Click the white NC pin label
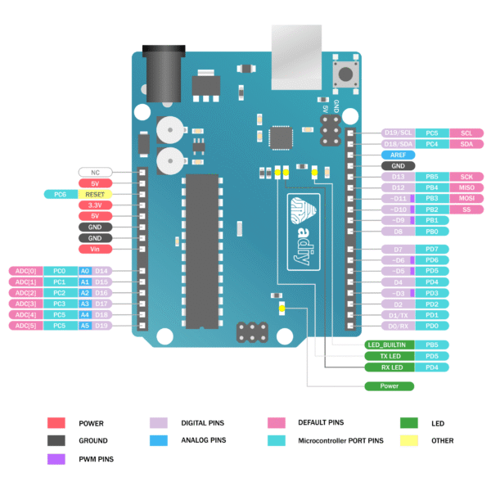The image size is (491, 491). click(95, 173)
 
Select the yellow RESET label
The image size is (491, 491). click(95, 195)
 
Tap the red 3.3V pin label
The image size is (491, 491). click(95, 205)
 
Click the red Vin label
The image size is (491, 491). click(95, 249)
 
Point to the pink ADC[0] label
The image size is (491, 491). click(25, 271)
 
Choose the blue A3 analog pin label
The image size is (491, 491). click(84, 304)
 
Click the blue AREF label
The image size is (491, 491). click(398, 155)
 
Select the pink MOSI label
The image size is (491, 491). click(466, 199)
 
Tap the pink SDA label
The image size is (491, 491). click(466, 143)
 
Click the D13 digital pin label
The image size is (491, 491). click(398, 177)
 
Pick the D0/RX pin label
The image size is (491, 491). click(398, 326)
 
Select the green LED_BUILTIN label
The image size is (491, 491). click(386, 345)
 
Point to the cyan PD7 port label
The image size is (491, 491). click(432, 249)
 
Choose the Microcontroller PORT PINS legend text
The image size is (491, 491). click(340, 440)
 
